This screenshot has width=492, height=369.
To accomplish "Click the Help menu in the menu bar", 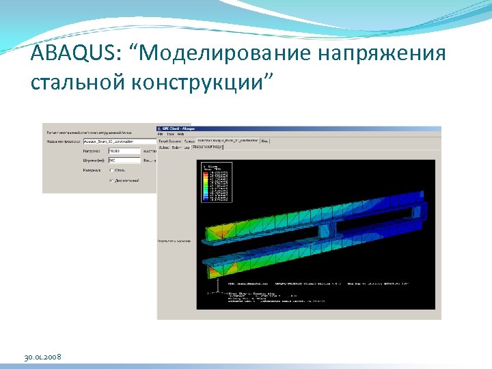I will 180,134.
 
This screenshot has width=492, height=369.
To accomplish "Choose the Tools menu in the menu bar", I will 170,134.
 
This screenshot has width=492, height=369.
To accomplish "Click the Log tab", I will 186,146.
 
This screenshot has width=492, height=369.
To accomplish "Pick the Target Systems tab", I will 169,141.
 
